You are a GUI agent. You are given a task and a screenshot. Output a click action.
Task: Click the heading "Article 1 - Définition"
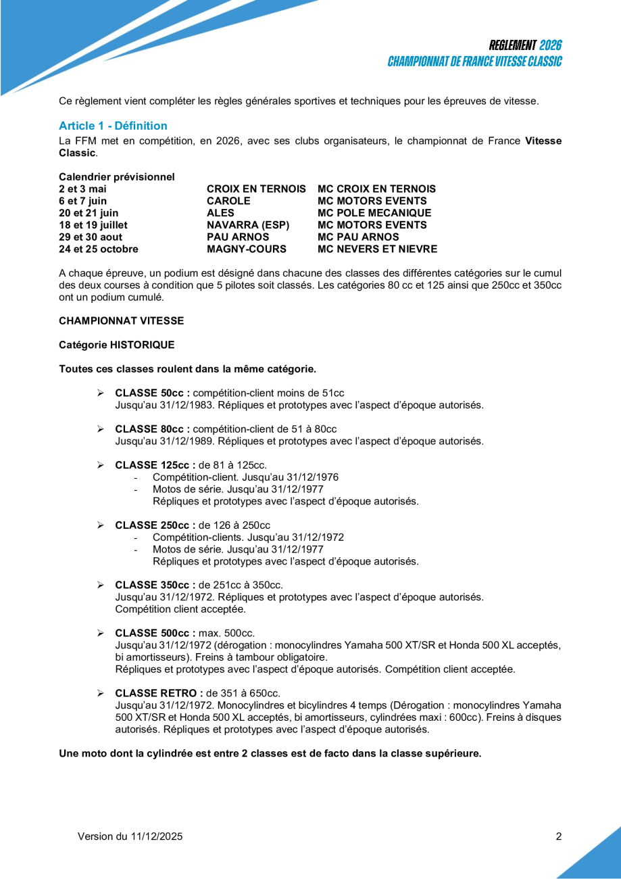click(113, 126)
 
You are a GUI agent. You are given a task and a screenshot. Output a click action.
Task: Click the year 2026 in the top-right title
click(551, 45)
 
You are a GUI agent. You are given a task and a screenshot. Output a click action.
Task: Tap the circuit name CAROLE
click(228, 201)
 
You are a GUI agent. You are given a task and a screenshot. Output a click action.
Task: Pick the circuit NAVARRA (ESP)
click(248, 224)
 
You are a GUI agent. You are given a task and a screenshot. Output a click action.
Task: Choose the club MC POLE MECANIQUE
click(374, 213)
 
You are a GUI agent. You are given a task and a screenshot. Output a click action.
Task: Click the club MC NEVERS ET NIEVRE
click(377, 249)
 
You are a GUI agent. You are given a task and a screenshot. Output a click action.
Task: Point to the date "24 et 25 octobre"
click(99, 249)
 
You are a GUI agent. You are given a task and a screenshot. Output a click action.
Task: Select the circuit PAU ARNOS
click(238, 237)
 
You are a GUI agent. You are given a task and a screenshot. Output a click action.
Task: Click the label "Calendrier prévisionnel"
click(117, 176)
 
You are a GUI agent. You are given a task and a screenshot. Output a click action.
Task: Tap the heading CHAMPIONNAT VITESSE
click(121, 320)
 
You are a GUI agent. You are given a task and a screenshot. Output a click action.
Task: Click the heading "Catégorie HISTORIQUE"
click(116, 345)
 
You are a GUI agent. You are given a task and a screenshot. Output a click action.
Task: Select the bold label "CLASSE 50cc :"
click(153, 393)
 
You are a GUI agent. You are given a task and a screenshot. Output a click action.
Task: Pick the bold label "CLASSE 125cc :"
click(155, 465)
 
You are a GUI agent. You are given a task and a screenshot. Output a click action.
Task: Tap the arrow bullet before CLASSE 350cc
click(100, 585)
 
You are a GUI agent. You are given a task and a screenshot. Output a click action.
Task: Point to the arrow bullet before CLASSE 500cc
click(100, 633)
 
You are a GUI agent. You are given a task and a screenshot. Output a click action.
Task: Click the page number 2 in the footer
click(559, 836)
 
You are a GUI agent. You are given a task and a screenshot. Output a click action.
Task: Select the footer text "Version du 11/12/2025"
click(130, 836)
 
